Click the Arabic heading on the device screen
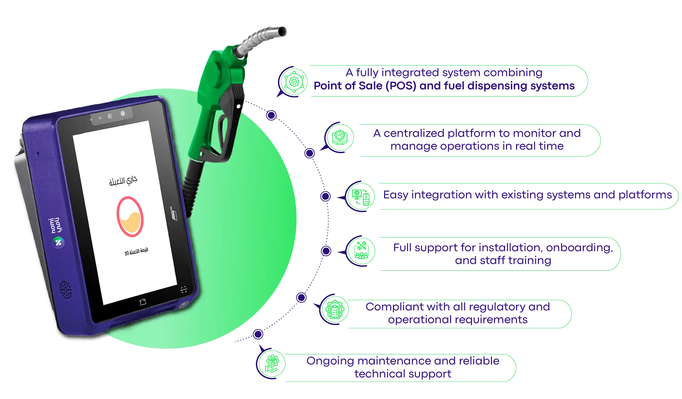123,181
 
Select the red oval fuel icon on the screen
130,217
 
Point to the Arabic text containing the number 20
136,252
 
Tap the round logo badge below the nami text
58,242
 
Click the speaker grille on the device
66,289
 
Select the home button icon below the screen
143,302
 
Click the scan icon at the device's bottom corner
184,290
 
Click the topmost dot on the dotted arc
271,115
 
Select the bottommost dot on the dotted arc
258,334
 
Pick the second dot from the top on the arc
310,153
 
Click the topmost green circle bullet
293,81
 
